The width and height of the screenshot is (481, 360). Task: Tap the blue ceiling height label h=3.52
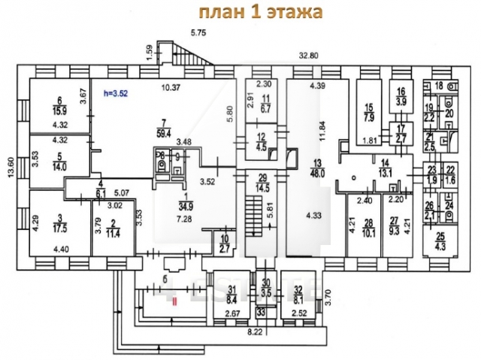pyautogui.click(x=115, y=93)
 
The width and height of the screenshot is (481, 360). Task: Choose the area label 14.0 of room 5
pyautogui.click(x=59, y=168)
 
